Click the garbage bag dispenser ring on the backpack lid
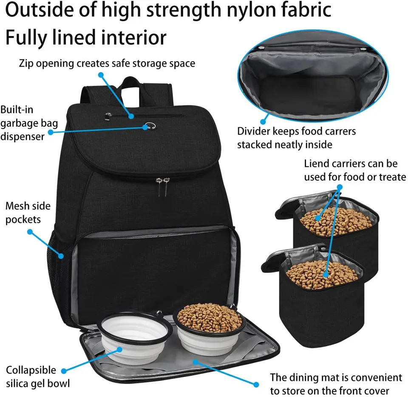tap(150, 126)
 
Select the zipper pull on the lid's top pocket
tap(108, 116)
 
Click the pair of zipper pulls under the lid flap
tap(163, 186)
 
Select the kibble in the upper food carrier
tap(336, 221)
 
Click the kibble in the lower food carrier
tap(322, 274)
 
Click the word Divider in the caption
tap(253, 131)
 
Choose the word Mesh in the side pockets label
tap(17, 206)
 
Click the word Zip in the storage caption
tap(26, 64)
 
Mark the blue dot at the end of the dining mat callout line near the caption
tap(256, 384)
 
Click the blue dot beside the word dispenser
tap(51, 132)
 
